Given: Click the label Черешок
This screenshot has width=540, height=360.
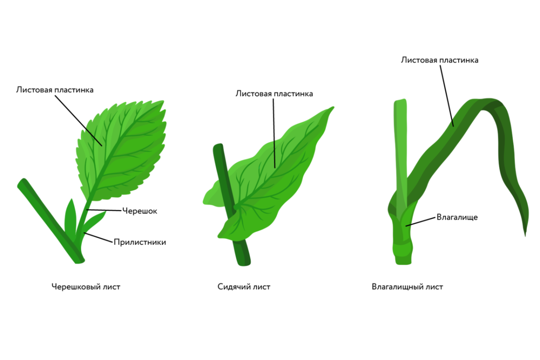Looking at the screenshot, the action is (139, 211).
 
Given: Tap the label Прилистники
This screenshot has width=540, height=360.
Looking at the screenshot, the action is (140, 242).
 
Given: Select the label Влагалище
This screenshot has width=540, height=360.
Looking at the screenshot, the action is (457, 217).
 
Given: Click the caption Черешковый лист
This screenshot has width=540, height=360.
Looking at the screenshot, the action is (86, 287).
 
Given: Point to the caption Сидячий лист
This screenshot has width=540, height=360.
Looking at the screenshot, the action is (244, 287).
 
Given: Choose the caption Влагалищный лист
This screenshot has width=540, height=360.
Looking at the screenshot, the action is (407, 287).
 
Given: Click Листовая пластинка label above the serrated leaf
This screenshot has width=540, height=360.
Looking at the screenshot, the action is (55, 90).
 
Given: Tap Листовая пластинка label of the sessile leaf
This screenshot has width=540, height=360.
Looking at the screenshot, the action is (274, 94).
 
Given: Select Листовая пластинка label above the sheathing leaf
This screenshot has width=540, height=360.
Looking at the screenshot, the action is (440, 60).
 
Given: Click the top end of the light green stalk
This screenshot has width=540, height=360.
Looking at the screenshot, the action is (400, 100).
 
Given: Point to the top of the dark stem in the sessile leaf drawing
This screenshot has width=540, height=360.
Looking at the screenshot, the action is (218, 145).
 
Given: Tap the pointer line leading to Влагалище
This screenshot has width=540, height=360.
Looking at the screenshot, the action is (421, 221).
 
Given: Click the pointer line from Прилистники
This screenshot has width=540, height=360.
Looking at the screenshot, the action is (98, 237).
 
